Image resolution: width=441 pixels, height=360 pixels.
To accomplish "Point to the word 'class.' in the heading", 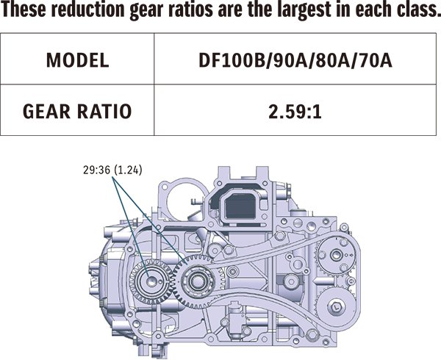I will (412, 11).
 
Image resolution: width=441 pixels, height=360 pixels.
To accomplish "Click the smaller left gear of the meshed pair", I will (150, 280).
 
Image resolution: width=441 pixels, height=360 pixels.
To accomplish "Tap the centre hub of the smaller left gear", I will (150, 280).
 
